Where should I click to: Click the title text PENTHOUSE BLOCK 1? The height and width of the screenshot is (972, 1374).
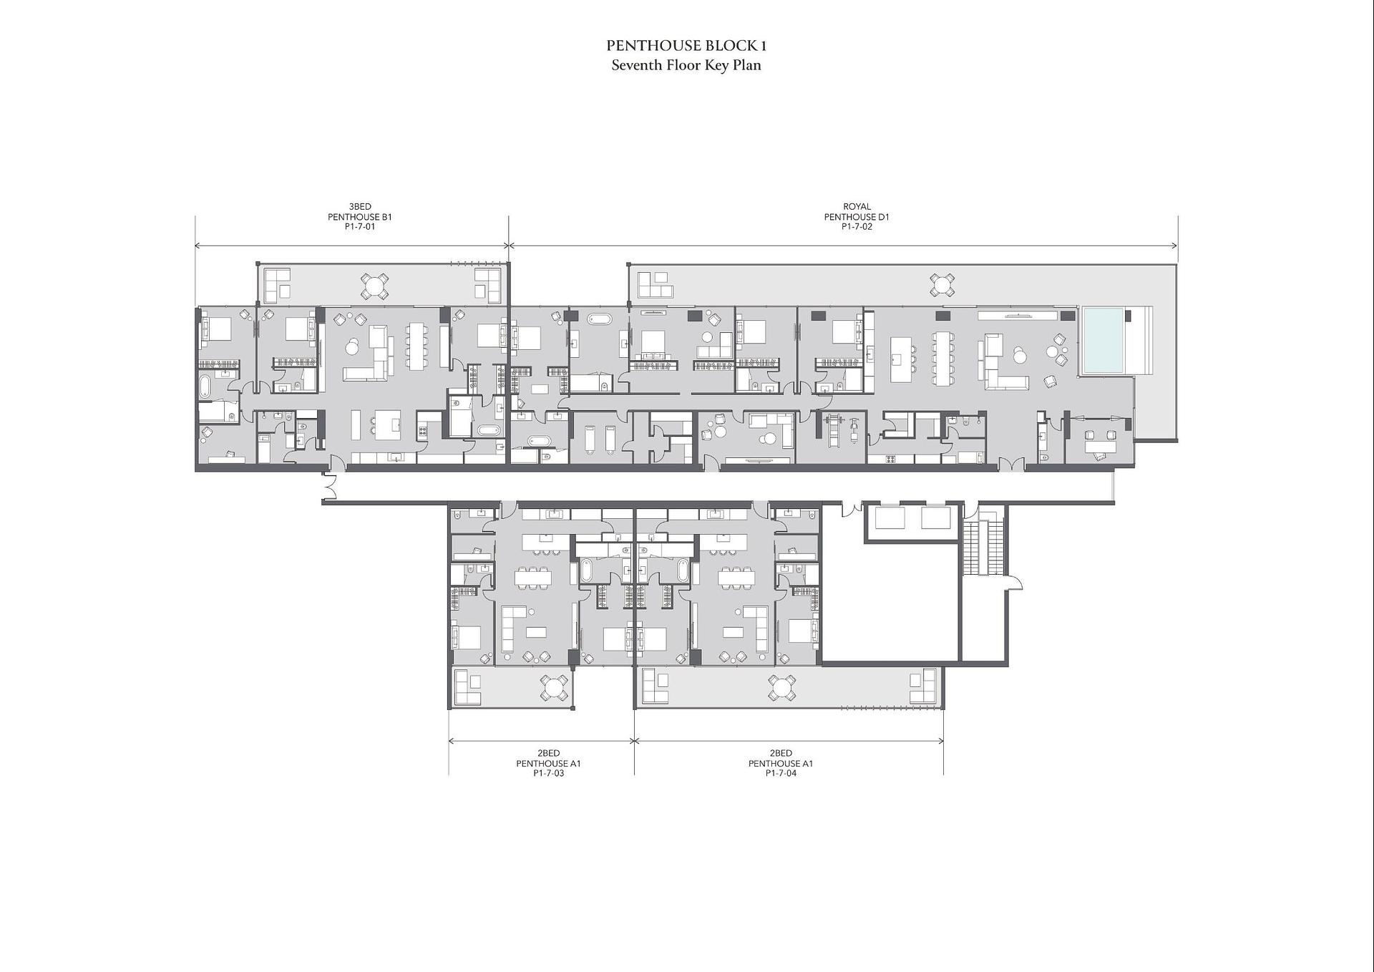tap(686, 46)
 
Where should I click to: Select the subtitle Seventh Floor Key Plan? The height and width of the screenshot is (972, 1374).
tap(686, 65)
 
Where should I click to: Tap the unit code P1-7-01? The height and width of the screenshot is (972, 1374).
tap(360, 227)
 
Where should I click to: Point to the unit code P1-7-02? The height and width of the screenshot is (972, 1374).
tap(857, 227)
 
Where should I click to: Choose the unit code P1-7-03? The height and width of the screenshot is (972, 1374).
tap(549, 774)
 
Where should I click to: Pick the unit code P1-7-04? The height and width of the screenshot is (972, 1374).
tap(781, 774)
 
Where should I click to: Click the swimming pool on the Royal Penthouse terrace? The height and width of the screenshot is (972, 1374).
tap(1103, 340)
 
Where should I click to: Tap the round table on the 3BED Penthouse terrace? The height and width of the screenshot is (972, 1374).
tap(374, 286)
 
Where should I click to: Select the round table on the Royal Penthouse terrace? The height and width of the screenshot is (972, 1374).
tap(942, 284)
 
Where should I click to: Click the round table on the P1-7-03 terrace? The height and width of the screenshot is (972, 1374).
tap(554, 689)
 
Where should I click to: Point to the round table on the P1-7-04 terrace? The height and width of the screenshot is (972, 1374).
tap(781, 688)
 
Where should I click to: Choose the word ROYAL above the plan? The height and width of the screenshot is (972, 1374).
tap(857, 207)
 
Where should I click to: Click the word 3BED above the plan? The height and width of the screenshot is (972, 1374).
tap(360, 207)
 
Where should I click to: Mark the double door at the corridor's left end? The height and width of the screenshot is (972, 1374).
tap(330, 486)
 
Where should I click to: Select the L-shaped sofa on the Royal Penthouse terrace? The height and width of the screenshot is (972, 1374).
tap(656, 285)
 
